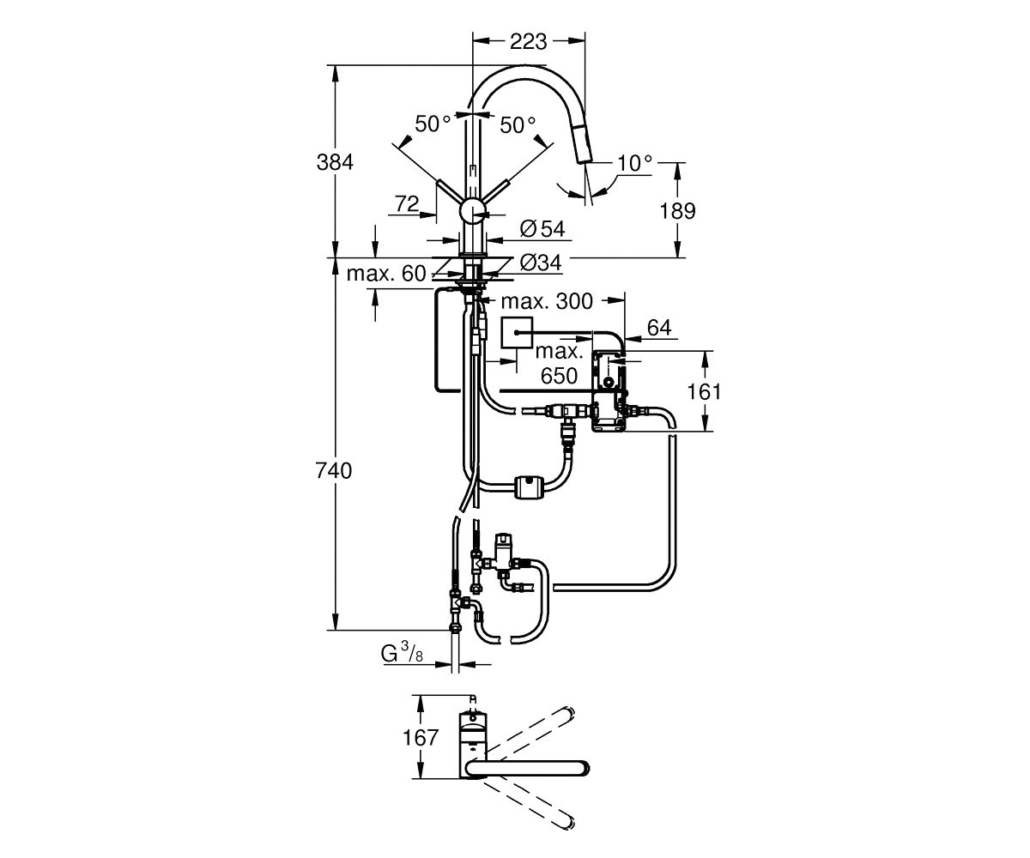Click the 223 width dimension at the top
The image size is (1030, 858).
tap(529, 42)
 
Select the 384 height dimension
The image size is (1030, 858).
tap(335, 162)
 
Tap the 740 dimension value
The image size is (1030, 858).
tap(334, 471)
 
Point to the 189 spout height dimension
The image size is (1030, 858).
tap(678, 210)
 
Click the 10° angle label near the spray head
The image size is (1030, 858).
tap(635, 163)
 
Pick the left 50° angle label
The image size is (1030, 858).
tap(433, 124)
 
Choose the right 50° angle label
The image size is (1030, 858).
tap(518, 125)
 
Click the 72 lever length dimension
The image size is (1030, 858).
tap(407, 203)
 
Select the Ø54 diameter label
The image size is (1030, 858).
tap(542, 229)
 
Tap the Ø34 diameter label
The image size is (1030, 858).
tap(541, 263)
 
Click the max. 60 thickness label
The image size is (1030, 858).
tap(385, 273)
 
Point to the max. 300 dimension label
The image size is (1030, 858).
tap(547, 301)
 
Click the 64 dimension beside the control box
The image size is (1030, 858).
tap(659, 328)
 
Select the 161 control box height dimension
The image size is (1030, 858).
tap(705, 391)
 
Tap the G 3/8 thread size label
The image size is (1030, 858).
tap(402, 654)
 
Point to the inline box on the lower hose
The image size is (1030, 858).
tap(529, 486)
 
